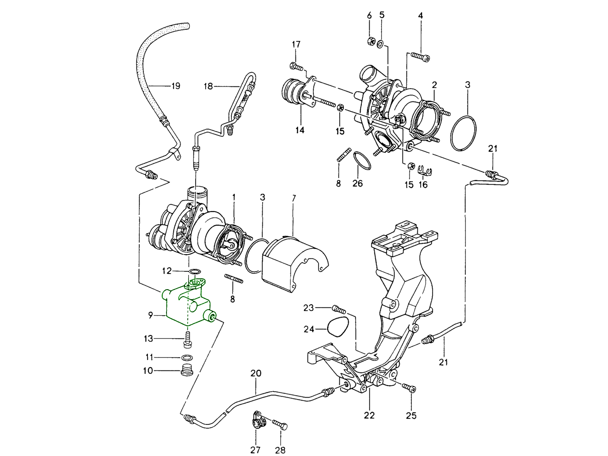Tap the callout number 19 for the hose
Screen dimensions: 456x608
coord(176,86)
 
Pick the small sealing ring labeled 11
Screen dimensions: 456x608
coord(186,358)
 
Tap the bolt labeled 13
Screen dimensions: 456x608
coord(187,339)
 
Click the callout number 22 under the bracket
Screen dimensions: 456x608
coord(369,415)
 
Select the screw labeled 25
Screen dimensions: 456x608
coord(409,388)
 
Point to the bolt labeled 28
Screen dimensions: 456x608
coord(280,424)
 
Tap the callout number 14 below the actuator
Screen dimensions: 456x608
coord(300,130)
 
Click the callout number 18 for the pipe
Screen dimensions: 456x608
coord(208,86)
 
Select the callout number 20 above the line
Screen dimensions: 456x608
coord(256,374)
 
